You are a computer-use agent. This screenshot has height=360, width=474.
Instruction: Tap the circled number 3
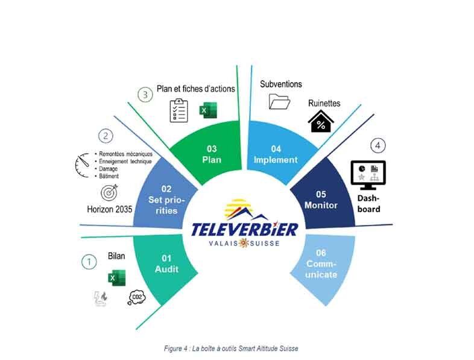[x=145, y=95]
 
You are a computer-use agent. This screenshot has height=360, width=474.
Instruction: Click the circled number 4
[x=378, y=146]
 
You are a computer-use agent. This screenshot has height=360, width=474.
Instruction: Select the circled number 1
[x=89, y=262]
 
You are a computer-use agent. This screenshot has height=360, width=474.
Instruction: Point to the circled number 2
[x=106, y=136]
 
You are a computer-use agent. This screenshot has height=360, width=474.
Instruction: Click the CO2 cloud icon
[x=137, y=297]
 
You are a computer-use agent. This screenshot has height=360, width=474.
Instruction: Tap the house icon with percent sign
[x=321, y=121]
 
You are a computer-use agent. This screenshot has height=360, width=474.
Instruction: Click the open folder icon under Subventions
[x=279, y=101]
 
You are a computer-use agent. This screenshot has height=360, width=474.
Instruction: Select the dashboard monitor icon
[x=368, y=175]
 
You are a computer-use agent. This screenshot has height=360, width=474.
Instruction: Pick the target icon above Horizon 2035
[x=109, y=192]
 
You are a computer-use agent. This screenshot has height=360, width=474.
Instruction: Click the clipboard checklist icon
[x=179, y=110]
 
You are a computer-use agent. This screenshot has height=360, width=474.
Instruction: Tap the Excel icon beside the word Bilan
[x=116, y=278]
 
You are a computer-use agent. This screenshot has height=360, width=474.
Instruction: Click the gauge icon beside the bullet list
[x=82, y=165]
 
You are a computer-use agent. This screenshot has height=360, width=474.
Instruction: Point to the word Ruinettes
[x=324, y=103]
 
